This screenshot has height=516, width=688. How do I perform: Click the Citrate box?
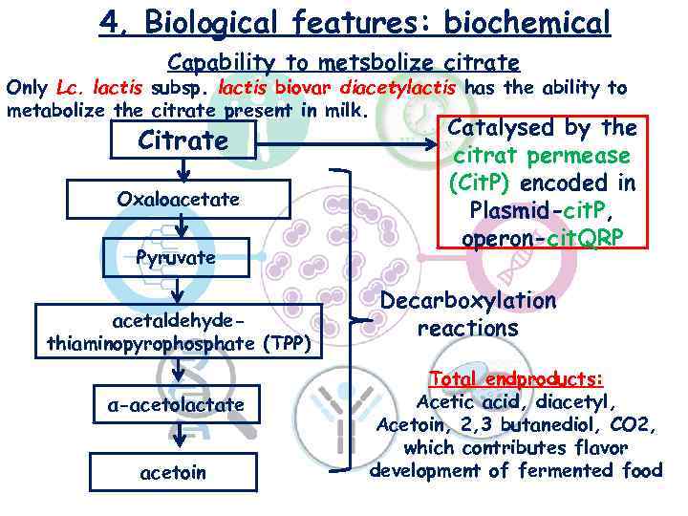pos(183,142)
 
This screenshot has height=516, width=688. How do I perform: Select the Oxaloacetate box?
pos(178,200)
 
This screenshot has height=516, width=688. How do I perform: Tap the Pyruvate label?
pos(175,257)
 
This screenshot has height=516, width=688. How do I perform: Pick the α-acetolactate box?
pos(175,405)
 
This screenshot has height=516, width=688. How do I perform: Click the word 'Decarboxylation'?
pos(467,300)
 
